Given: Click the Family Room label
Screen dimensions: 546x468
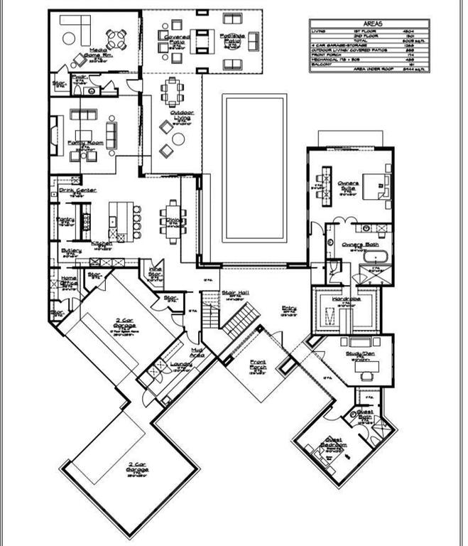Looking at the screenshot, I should point(81,144).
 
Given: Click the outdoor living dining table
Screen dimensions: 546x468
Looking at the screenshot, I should point(170,89).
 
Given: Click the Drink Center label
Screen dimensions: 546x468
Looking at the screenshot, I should point(77,191).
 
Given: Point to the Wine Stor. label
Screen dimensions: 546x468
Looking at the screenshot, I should point(156,272).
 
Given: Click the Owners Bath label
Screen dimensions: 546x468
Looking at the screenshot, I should point(353,245).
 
